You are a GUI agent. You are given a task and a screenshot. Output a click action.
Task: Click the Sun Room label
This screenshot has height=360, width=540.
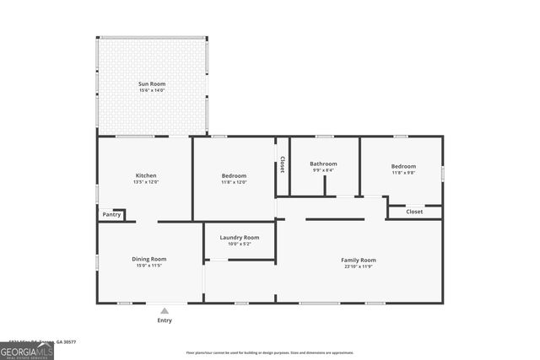tap(152, 84)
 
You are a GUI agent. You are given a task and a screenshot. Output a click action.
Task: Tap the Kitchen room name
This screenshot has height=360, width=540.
tap(146, 175)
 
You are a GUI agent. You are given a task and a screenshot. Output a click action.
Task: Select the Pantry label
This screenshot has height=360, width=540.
tap(112, 215)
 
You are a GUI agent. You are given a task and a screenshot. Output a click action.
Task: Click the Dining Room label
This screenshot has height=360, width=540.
tap(148, 259)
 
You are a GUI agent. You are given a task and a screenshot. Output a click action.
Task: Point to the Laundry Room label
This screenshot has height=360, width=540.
tap(239, 238)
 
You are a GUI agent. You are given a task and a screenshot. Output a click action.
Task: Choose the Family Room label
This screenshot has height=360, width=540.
tap(358, 260)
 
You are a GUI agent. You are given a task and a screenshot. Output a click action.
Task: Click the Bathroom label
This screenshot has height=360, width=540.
tap(323, 164)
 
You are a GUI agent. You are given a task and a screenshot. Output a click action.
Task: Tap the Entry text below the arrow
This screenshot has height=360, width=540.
tap(165, 320)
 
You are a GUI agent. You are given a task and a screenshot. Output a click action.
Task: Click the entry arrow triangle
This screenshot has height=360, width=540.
tap(165, 311)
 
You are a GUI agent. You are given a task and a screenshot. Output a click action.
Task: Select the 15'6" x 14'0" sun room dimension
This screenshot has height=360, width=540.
tap(152, 91)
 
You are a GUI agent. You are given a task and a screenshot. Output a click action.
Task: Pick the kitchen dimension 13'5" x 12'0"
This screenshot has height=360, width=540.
tap(146, 182)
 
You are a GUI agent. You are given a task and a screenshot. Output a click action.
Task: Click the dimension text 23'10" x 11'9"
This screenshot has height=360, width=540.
tap(358, 266)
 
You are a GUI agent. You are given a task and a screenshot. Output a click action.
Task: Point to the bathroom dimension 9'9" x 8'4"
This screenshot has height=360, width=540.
tap(323, 170)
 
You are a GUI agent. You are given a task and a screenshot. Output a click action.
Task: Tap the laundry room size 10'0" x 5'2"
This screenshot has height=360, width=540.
tap(239, 244)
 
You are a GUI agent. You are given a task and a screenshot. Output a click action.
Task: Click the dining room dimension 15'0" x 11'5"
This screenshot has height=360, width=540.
tap(148, 266)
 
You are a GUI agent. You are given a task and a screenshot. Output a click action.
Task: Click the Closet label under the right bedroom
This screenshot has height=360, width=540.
tap(414, 212)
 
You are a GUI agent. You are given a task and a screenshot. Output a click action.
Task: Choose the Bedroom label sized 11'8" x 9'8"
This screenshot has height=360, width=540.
tap(403, 166)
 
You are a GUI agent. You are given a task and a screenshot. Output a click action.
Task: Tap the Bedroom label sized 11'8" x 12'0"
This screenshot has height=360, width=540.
tap(234, 175)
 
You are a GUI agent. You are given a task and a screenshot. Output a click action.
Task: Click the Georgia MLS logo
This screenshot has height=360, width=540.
tap(27, 350)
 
